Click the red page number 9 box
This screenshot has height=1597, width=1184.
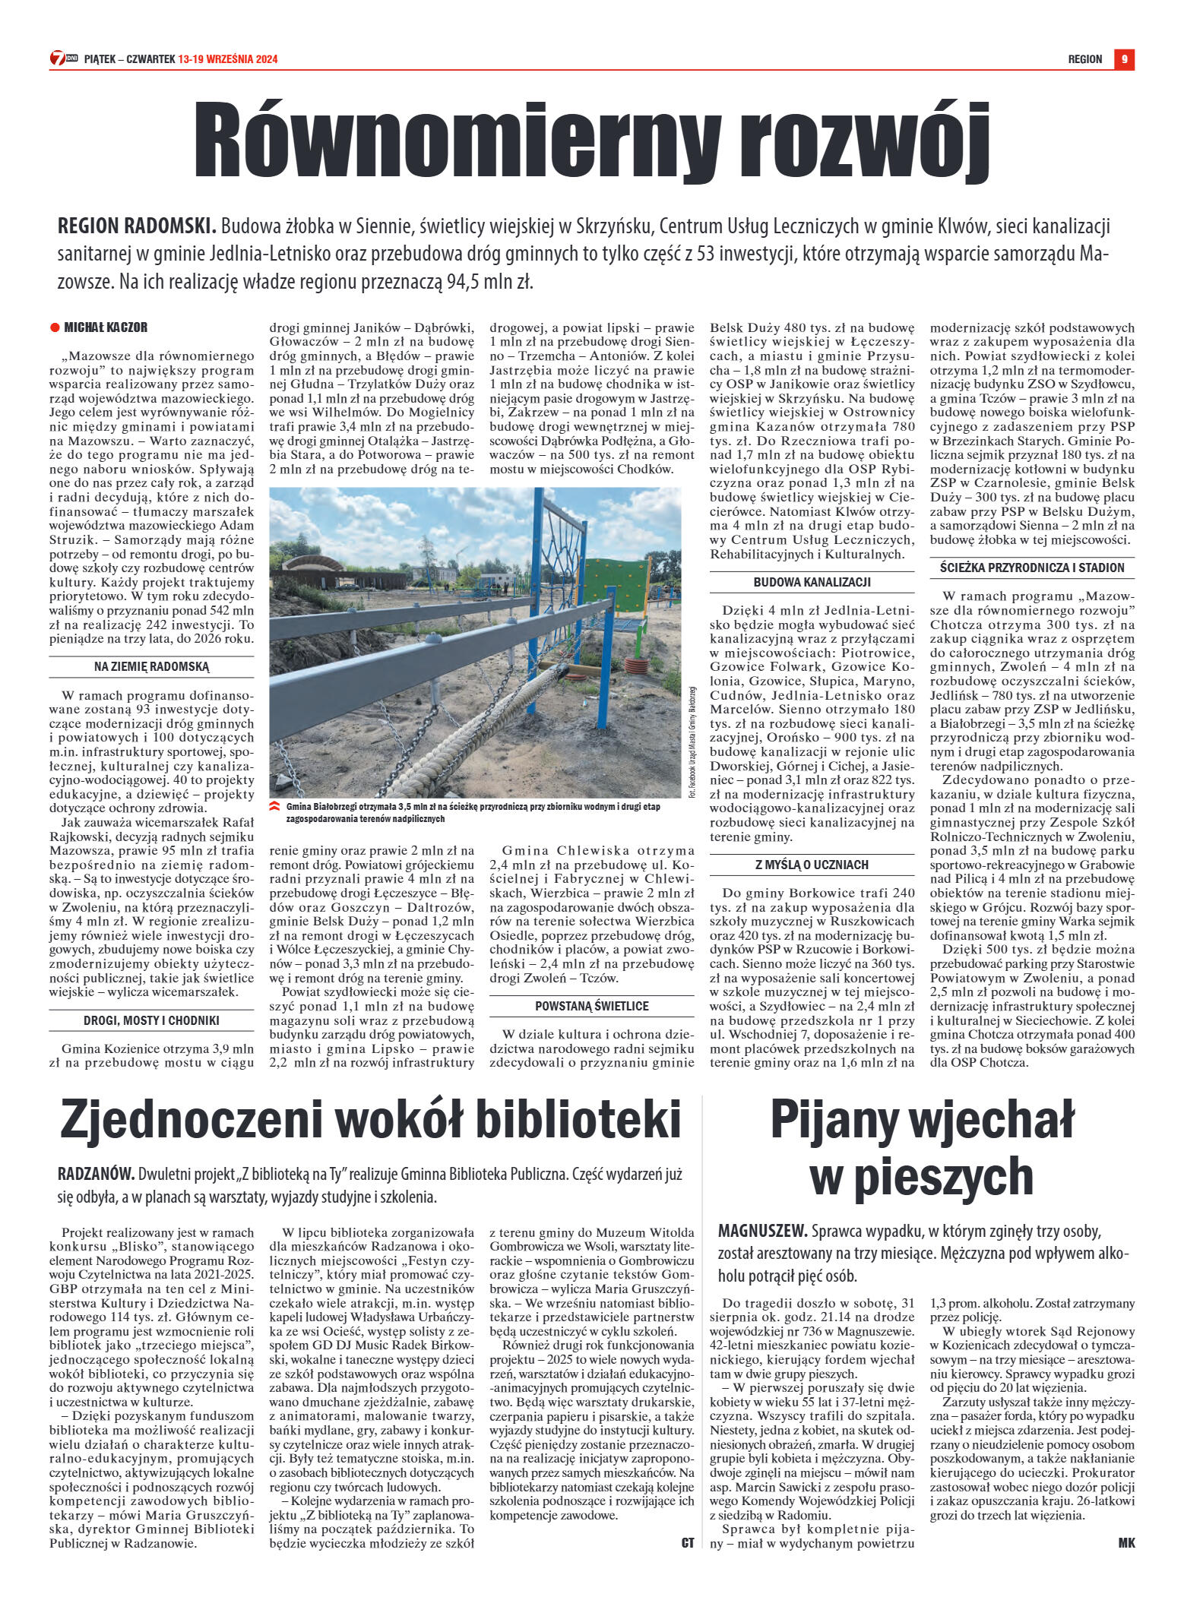[1124, 59]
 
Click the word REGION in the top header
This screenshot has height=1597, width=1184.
[1084, 59]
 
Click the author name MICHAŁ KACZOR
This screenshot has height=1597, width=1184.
[106, 327]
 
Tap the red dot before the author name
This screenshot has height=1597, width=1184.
[55, 327]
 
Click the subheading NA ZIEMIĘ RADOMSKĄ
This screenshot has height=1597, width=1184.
[151, 666]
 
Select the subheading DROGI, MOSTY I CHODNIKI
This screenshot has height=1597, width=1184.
[151, 1020]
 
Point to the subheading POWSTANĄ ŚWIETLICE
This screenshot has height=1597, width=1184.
[591, 1006]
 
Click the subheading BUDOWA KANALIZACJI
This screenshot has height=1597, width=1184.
[812, 582]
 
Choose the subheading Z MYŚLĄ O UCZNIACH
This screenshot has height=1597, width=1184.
[812, 865]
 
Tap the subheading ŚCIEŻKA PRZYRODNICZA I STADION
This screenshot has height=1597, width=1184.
[1031, 568]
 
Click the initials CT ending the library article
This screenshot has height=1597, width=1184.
[687, 1542]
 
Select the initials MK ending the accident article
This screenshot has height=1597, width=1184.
[1125, 1542]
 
